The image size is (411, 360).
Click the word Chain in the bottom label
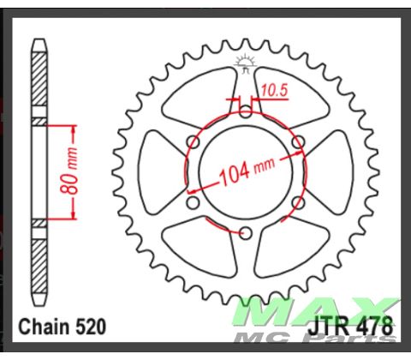[x=45, y=327]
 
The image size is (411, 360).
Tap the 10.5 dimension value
[x=273, y=89]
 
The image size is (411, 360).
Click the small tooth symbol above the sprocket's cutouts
[x=245, y=62]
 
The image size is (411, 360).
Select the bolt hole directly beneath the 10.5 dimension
[x=246, y=111]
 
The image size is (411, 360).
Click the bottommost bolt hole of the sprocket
[x=246, y=232]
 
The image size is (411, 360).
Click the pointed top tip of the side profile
[x=39, y=39]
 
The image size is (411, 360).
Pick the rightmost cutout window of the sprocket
[x=330, y=171]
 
